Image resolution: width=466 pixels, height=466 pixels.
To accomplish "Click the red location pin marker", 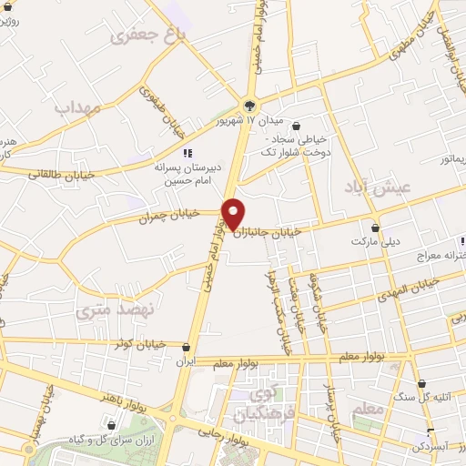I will point(233,213).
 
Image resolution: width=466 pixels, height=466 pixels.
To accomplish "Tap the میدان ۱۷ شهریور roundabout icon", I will point(249,105).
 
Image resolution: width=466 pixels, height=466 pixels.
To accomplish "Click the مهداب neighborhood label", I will point(75,107).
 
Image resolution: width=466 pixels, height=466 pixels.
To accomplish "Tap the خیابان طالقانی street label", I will point(56,173).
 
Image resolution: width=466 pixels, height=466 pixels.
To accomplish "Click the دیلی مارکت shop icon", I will point(376,227).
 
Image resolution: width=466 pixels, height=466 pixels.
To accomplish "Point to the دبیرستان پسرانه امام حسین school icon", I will point(187,153).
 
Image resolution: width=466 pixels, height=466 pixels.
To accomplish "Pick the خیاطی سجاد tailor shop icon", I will point(298,127).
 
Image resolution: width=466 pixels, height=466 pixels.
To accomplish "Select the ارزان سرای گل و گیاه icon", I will point(112,424).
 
